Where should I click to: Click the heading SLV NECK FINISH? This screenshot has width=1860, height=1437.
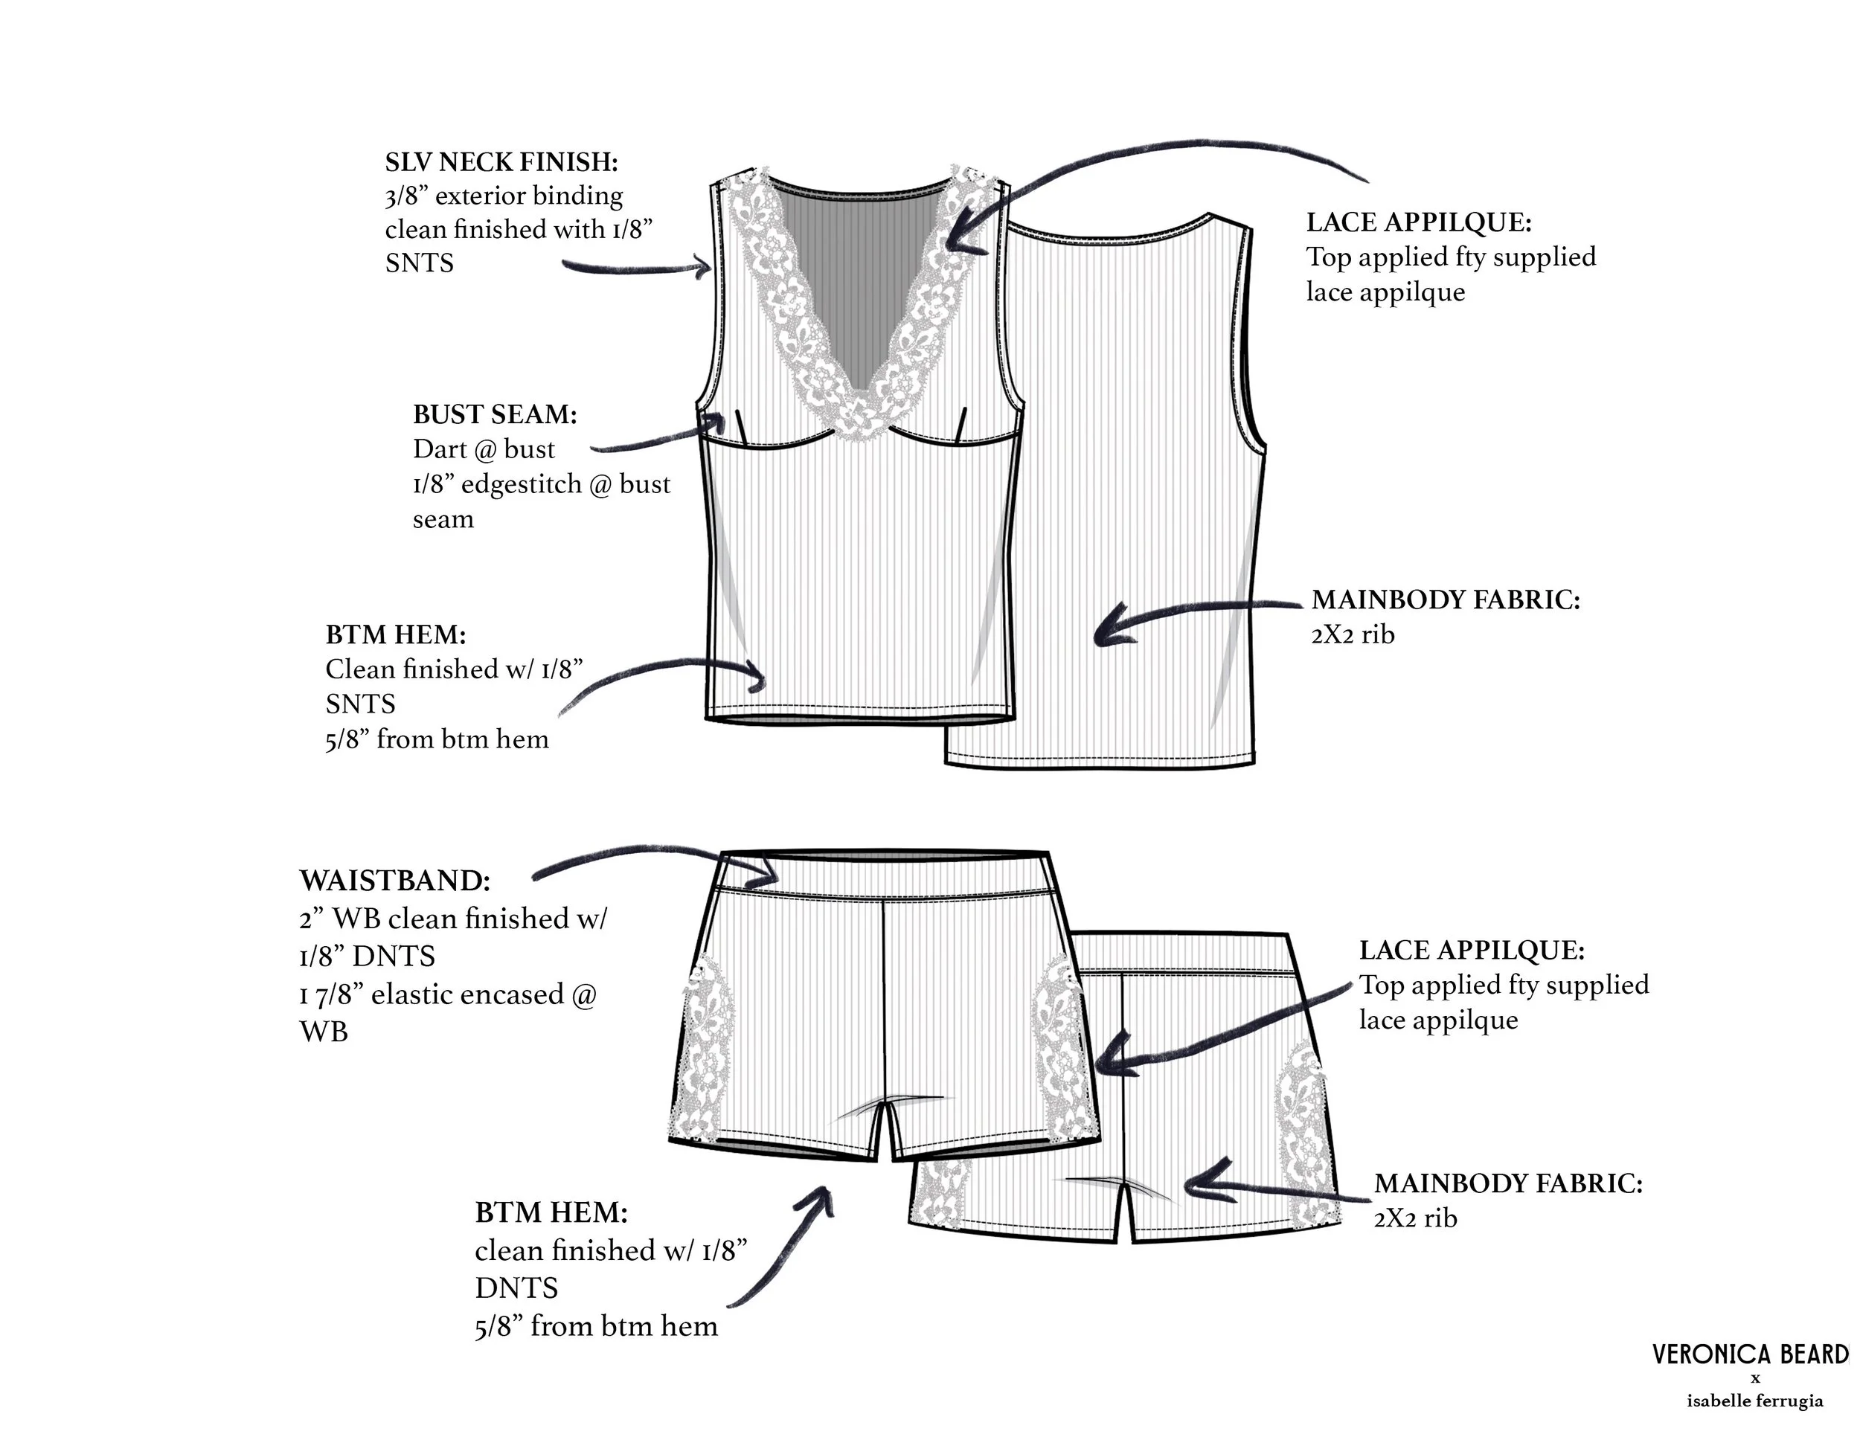[x=501, y=161]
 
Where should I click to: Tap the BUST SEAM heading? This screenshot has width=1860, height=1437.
[x=495, y=414]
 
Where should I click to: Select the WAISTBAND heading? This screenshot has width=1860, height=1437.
[x=394, y=880]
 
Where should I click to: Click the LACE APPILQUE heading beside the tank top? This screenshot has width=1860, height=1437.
[x=1419, y=222]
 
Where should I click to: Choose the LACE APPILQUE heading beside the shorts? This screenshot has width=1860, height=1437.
[x=1472, y=950]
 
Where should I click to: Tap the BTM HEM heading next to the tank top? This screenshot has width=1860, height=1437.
[x=395, y=634]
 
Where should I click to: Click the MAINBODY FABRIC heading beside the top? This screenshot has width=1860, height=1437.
[x=1446, y=600]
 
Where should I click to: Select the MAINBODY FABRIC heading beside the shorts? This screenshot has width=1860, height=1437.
[x=1507, y=1183]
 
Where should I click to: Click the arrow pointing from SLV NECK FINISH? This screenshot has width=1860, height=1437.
[x=639, y=269]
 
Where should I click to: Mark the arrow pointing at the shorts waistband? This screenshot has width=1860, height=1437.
[x=655, y=861]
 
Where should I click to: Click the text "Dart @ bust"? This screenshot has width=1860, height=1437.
[x=483, y=449]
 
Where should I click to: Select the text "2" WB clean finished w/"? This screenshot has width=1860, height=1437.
[x=453, y=919]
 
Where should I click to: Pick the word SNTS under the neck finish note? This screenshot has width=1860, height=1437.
[x=419, y=263]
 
